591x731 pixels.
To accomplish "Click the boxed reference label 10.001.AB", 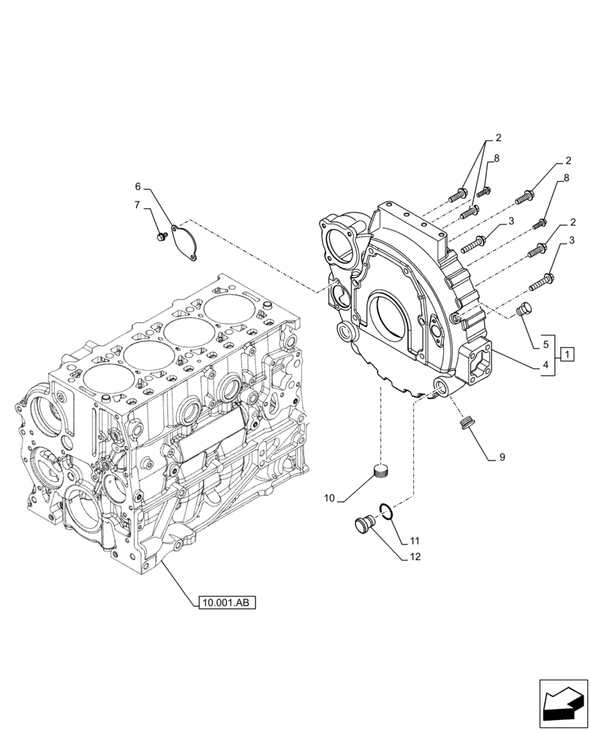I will (x=226, y=603).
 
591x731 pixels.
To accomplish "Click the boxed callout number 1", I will (x=569, y=355).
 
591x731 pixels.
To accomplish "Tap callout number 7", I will (x=138, y=206).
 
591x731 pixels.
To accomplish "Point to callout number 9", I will (x=502, y=458).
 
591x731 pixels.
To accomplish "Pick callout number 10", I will (x=330, y=498).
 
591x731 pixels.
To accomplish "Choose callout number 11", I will (x=414, y=542).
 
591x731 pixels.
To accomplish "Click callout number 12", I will (x=414, y=557).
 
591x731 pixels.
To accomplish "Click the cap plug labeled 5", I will (x=523, y=311).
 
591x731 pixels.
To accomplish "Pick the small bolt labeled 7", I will (x=162, y=235).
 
